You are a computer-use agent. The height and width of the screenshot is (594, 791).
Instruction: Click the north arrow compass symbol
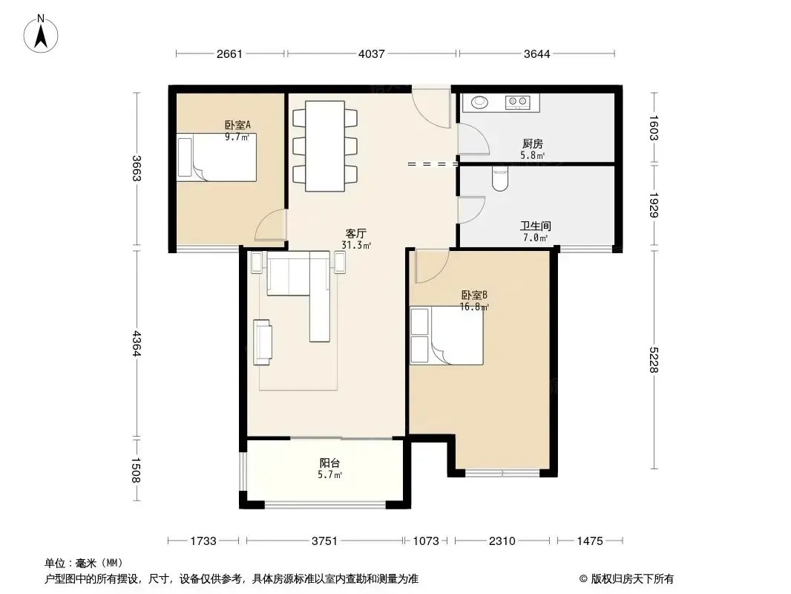click(x=41, y=34)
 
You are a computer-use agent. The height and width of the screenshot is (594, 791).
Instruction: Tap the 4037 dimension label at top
click(x=371, y=53)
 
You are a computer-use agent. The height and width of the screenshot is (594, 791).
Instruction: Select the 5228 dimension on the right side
click(x=654, y=359)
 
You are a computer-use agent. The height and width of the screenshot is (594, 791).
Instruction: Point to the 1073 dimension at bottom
click(x=426, y=541)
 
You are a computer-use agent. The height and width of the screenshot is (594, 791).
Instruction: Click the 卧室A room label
click(x=237, y=125)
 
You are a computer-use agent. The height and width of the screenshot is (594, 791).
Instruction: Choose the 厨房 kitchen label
click(x=532, y=144)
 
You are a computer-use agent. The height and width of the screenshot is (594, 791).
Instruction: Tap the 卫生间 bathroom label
click(x=535, y=226)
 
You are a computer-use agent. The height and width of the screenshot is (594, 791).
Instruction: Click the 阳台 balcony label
click(x=329, y=463)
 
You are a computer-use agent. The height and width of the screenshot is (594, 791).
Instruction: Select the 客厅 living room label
click(x=355, y=234)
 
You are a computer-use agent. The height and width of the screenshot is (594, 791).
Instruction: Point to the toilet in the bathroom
click(x=500, y=179)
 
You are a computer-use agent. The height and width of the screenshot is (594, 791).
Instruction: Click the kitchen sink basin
click(x=480, y=102)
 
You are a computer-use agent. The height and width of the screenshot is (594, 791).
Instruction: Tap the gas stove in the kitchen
click(x=518, y=102)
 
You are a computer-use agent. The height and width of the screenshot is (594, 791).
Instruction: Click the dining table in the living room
click(x=326, y=146)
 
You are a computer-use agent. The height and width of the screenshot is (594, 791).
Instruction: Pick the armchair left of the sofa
click(x=263, y=342)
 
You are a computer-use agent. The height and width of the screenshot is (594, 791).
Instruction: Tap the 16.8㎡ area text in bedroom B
click(x=474, y=307)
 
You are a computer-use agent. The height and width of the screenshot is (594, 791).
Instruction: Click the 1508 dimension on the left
click(x=136, y=470)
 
